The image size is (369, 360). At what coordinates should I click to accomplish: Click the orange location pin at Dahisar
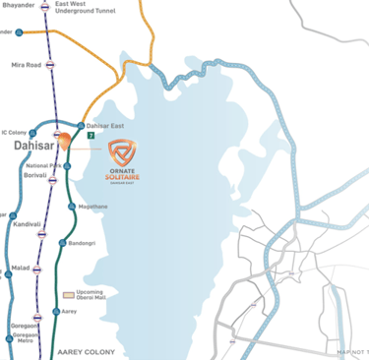[62, 140]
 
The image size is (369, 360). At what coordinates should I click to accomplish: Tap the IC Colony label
[15, 132]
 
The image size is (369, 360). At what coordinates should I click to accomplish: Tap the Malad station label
[19, 266]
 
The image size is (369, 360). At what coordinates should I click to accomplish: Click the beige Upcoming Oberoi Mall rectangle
[69, 294]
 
